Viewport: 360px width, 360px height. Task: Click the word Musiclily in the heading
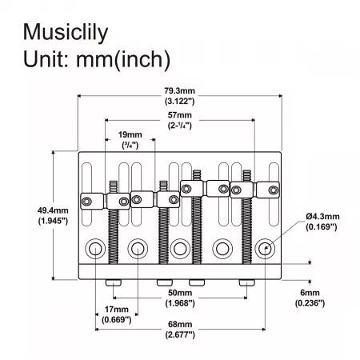(66, 33)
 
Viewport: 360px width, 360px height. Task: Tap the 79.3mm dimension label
(179, 90)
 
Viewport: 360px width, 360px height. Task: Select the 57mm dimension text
(179, 115)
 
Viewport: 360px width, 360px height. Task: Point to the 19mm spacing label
(130, 134)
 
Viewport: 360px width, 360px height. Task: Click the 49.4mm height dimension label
(53, 210)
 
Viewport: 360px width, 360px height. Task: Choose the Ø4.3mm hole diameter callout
(322, 216)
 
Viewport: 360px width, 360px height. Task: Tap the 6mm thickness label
(310, 293)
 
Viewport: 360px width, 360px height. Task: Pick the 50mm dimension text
(180, 293)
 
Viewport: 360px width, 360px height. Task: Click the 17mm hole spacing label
(117, 310)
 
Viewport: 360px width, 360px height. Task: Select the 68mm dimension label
(180, 324)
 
